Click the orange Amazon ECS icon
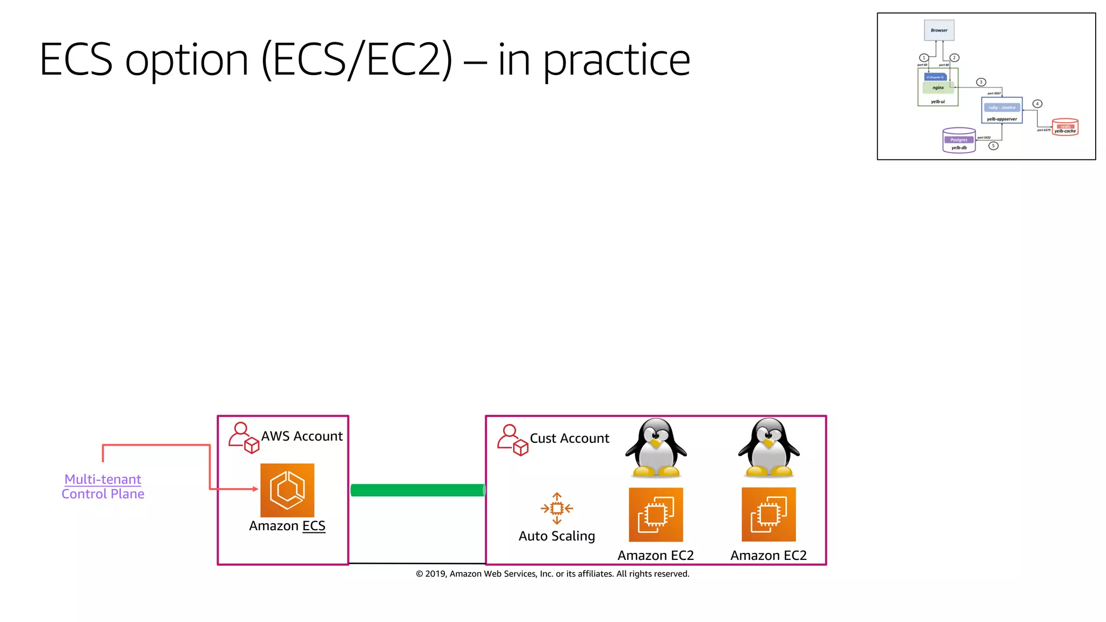(287, 490)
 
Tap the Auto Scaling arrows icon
(557, 508)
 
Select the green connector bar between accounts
(417, 490)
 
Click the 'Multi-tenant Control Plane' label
(103, 486)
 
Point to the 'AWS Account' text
(302, 436)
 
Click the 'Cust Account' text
(569, 438)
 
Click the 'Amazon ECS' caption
(287, 526)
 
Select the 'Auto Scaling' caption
(557, 536)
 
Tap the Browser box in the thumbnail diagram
(939, 30)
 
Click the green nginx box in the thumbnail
(938, 87)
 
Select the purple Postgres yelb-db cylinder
(959, 141)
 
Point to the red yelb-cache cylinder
(1065, 127)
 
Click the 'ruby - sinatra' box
(1002, 107)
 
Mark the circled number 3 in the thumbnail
(981, 82)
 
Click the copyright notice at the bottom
(552, 574)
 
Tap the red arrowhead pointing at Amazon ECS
(255, 489)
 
